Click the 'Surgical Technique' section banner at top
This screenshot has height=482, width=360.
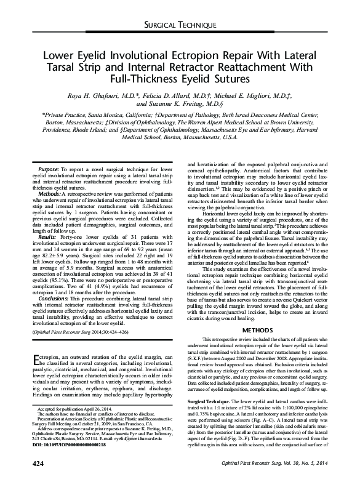pos(180,26)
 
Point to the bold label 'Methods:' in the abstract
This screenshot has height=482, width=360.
pos(49,193)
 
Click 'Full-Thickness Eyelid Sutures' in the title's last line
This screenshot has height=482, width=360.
pos(180,79)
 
